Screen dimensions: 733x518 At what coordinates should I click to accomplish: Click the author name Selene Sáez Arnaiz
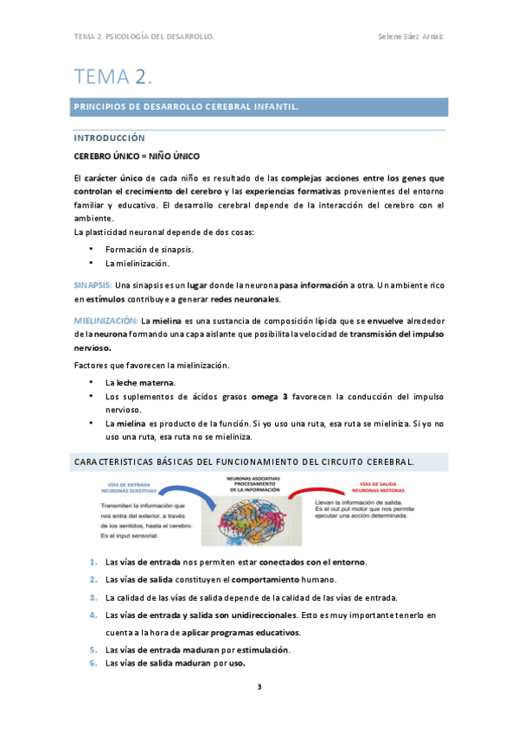coord(412,37)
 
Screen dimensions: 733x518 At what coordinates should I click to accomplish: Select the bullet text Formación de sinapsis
coord(149,250)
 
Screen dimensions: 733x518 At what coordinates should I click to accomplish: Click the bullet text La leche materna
coord(139,382)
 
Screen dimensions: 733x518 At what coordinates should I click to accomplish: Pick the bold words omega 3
coord(269,396)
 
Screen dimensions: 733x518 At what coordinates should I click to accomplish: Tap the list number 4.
coord(93,615)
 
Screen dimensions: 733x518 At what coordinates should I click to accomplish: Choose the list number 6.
coord(93,663)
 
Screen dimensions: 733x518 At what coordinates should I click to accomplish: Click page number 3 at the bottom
coord(259,689)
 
